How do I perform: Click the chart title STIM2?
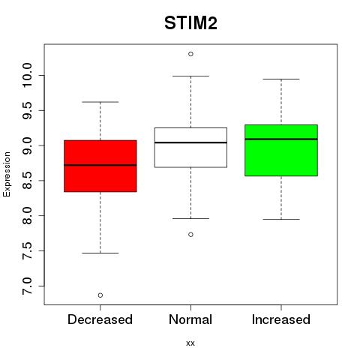coord(190,23)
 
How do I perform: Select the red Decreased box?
coord(100,166)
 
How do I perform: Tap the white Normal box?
coord(190,148)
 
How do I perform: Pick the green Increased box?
coord(281,150)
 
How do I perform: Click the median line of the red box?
coord(100,165)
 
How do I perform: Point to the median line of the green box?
coord(281,139)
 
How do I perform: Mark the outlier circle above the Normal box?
coord(190,54)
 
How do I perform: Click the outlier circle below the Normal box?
coord(190,235)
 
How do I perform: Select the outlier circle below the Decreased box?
coord(100,295)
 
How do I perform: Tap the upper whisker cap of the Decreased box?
coord(100,102)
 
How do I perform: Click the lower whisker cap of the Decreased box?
coord(100,253)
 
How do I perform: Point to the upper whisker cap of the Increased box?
coord(281,79)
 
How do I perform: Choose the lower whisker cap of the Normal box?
coord(190,218)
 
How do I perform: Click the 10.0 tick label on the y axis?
coord(27,75)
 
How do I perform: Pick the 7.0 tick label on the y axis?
coord(27,286)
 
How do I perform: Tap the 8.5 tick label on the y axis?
coord(27,181)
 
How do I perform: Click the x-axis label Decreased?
coord(100,319)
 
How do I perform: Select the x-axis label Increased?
coord(281,319)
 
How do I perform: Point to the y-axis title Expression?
coord(7,174)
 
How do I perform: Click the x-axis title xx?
coord(190,343)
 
